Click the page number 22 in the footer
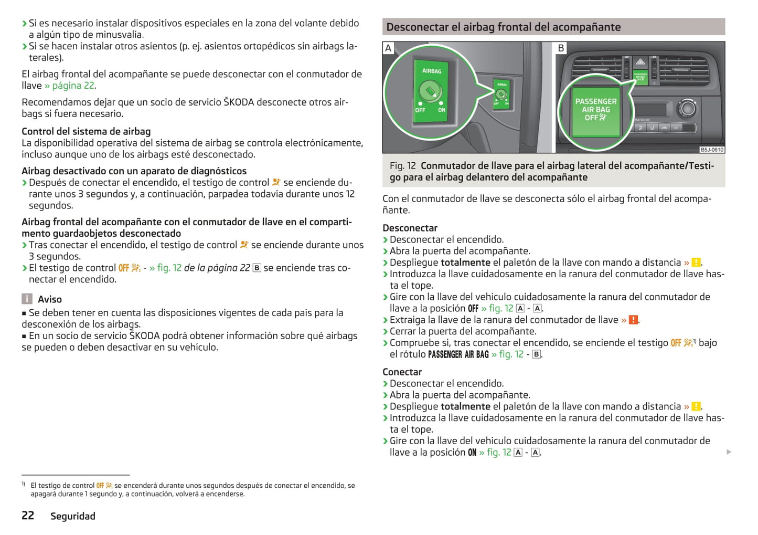(28, 516)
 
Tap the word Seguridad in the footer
(73, 516)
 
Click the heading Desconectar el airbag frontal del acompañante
(503, 27)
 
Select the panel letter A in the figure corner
(388, 48)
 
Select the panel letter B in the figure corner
(561, 48)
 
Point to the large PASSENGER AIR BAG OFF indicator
(596, 110)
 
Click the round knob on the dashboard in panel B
(687, 109)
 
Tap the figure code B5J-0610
(712, 150)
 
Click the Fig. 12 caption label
(402, 166)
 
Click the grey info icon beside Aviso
(27, 299)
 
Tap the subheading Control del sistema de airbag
(86, 131)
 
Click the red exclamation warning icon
(633, 320)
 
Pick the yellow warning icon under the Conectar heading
(696, 406)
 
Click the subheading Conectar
(402, 372)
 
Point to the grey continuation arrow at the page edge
(729, 452)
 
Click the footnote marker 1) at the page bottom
(24, 484)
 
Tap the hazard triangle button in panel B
(640, 62)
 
